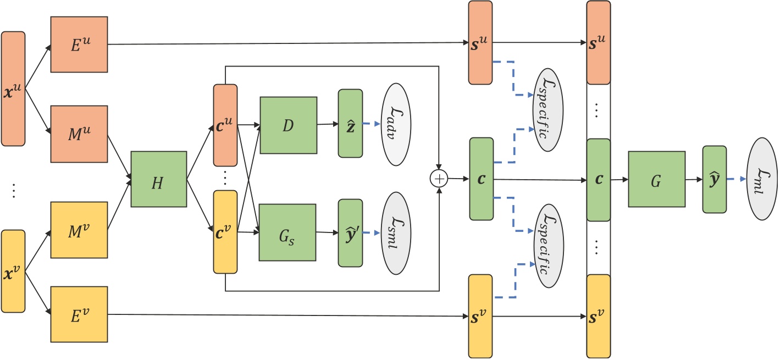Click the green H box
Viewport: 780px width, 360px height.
pyautogui.click(x=158, y=179)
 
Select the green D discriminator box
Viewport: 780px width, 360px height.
pyautogui.click(x=288, y=125)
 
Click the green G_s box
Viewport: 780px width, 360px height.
pyautogui.click(x=288, y=232)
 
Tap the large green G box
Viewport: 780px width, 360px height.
pyautogui.click(x=656, y=179)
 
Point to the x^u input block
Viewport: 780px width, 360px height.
pyautogui.click(x=13, y=88)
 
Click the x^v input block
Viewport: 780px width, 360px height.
pyautogui.click(x=13, y=271)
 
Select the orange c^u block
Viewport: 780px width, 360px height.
pyautogui.click(x=225, y=125)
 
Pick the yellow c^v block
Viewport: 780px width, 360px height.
pyautogui.click(x=225, y=232)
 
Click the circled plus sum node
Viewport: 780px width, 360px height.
pyautogui.click(x=439, y=179)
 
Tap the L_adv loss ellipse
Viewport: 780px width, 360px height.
pyautogui.click(x=395, y=125)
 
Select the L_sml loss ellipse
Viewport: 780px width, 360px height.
pyautogui.click(x=395, y=232)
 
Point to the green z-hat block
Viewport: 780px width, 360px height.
pyautogui.click(x=350, y=125)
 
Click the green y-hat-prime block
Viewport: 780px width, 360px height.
pyautogui.click(x=350, y=232)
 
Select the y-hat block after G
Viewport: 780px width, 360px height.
pyautogui.click(x=714, y=179)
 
